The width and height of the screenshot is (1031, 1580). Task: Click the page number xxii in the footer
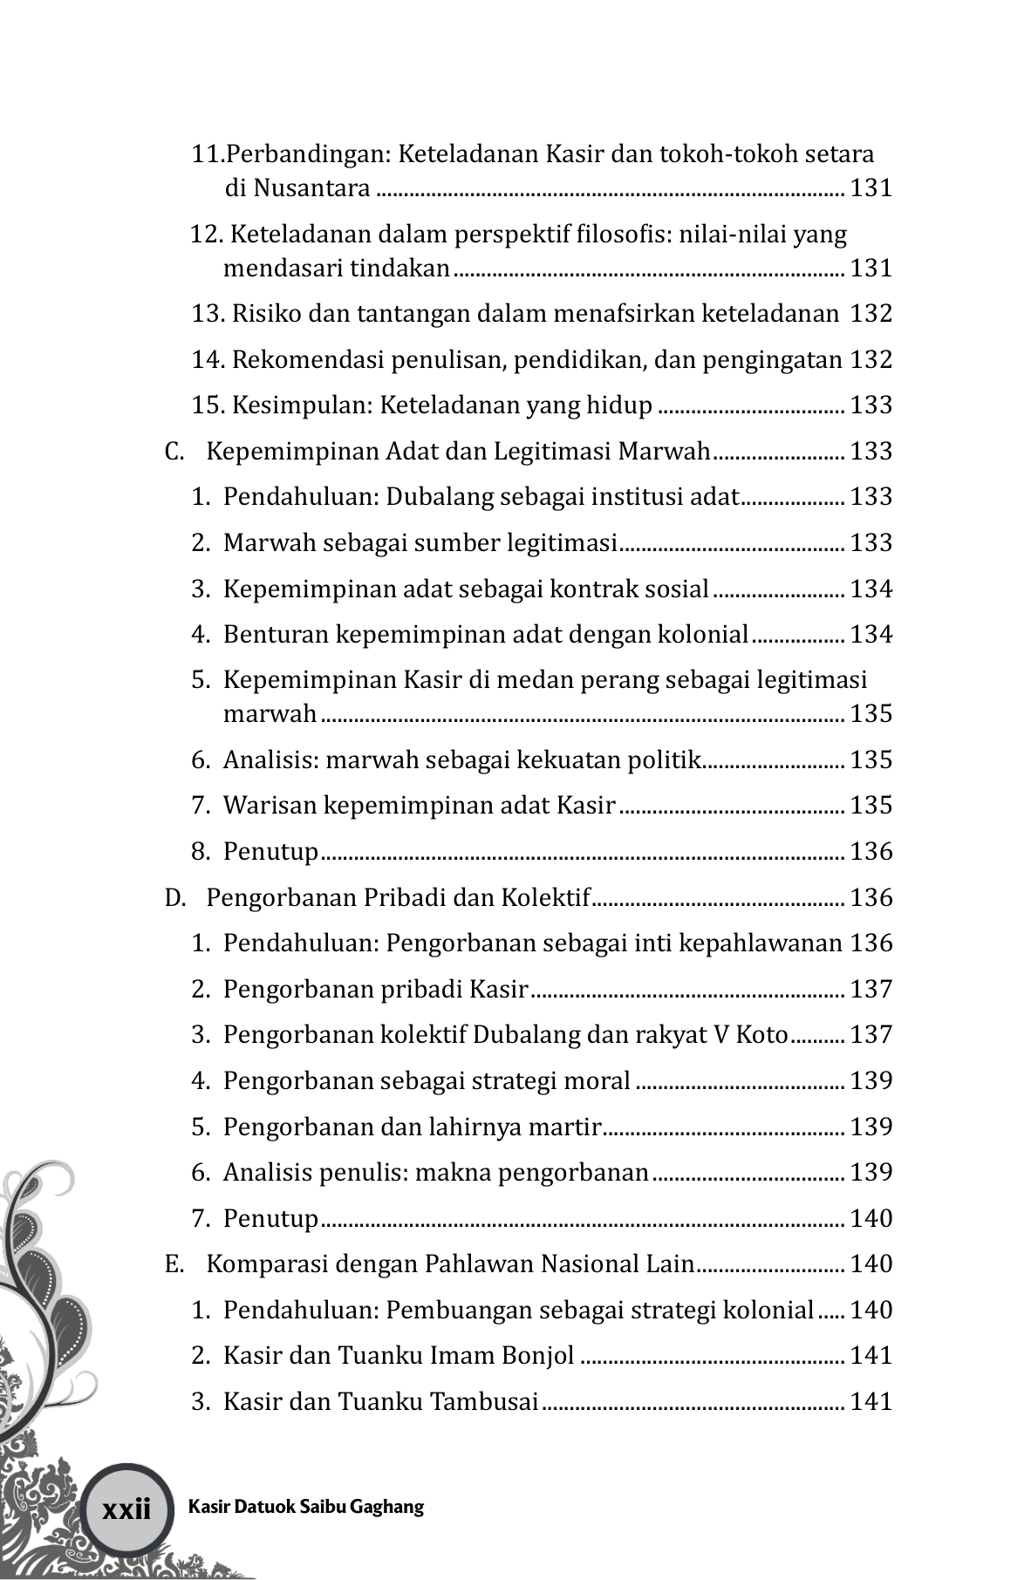tap(126, 1508)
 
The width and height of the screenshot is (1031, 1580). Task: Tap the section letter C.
tap(173, 451)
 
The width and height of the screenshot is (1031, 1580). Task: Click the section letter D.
tap(174, 897)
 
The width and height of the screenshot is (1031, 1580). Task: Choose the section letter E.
tap(173, 1263)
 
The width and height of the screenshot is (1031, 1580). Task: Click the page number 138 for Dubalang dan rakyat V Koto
tap(871, 1035)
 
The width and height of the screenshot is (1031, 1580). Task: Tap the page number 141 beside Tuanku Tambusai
tap(871, 1401)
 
